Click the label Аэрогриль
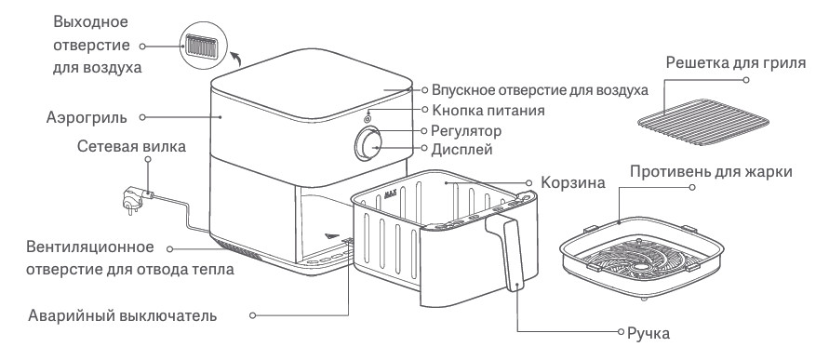[87, 117]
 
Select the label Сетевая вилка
[131, 146]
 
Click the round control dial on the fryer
[368, 144]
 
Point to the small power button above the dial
[367, 119]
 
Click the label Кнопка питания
[488, 110]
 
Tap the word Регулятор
[466, 130]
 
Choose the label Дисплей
[462, 150]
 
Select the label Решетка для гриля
[736, 63]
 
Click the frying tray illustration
[642, 258]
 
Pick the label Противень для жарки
[711, 172]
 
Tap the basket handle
[506, 253]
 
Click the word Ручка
[648, 334]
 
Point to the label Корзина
[572, 183]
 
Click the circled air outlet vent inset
[203, 46]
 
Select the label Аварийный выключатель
[122, 316]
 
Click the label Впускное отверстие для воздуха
[540, 90]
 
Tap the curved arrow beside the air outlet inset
[236, 58]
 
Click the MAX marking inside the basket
[391, 194]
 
